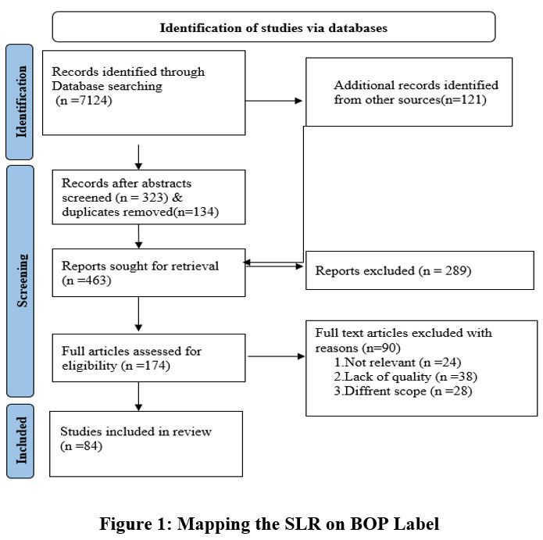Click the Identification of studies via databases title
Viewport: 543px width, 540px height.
[x=273, y=27]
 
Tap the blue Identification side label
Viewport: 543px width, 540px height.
[x=20, y=102]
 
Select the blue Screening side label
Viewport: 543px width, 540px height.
[x=20, y=281]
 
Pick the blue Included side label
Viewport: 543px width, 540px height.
[x=20, y=441]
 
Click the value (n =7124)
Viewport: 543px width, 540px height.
[x=84, y=101]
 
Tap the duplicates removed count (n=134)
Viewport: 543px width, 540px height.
[x=195, y=212]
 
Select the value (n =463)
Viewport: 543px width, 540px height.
[x=86, y=281]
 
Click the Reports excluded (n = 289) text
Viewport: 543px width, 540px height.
[x=393, y=270]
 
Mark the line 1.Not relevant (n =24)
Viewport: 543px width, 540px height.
[x=398, y=363]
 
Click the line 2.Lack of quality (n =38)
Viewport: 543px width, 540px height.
[x=405, y=377]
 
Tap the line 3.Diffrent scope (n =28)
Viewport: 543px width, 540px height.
[x=402, y=391]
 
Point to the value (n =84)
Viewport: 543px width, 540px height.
[x=81, y=445]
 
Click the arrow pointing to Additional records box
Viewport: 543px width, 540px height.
[x=273, y=101]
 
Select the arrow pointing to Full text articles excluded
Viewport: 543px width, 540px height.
[x=277, y=356]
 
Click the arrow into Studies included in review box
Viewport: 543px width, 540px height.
[x=138, y=397]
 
